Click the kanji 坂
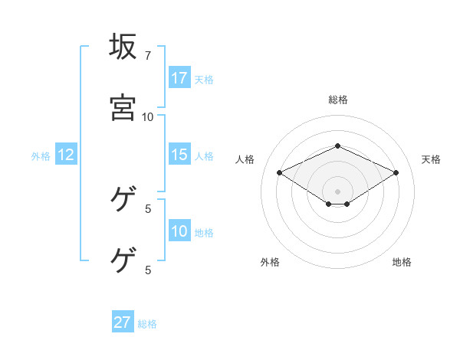(x=123, y=47)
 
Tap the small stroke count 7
(x=148, y=56)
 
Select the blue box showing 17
(x=179, y=78)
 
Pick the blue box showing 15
(x=179, y=155)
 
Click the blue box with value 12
(x=66, y=155)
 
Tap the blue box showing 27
(x=123, y=322)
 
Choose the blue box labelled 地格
(x=179, y=231)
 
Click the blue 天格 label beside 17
(x=204, y=79)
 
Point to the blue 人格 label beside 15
(x=204, y=155)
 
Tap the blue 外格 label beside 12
(x=41, y=155)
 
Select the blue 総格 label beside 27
(x=147, y=323)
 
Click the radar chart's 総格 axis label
(x=338, y=100)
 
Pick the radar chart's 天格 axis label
(x=432, y=159)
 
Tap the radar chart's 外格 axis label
(x=270, y=262)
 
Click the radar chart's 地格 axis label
(x=402, y=262)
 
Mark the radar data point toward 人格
(x=280, y=172)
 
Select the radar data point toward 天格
(x=396, y=172)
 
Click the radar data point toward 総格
(x=337, y=146)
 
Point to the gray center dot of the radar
(x=338, y=191)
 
